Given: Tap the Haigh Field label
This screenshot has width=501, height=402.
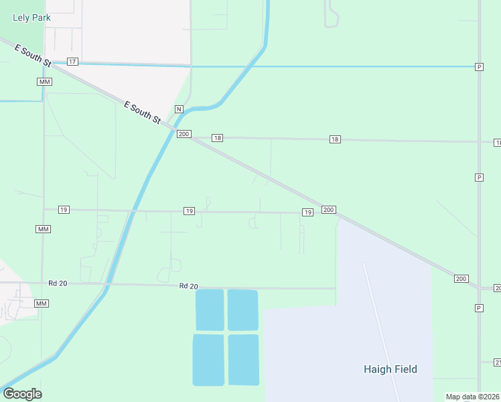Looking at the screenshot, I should point(390,369).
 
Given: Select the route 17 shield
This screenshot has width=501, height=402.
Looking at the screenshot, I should point(72,62).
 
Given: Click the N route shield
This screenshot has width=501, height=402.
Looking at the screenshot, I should point(179,109).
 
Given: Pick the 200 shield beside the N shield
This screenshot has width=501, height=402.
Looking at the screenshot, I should point(184,134).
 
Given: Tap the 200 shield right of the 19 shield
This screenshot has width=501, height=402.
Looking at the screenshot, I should point(328,210).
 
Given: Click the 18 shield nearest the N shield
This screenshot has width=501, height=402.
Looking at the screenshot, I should point(217,137).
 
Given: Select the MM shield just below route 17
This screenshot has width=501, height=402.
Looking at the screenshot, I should point(45,82).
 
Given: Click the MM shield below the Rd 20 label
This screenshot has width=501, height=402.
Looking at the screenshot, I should point(42,304).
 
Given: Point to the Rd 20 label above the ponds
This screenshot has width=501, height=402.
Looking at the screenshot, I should point(189,286).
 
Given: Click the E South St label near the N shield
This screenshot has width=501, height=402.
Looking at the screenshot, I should point(143,112).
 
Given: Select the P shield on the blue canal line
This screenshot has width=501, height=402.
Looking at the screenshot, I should point(479,67).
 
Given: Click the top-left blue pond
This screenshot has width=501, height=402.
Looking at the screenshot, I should point(210,310).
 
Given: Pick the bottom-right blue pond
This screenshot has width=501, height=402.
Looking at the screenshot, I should point(243,360).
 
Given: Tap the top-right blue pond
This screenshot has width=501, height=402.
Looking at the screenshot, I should point(242,310).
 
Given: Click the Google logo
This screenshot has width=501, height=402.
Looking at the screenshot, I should point(22,394).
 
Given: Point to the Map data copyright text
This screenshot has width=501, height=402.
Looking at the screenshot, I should point(472,397).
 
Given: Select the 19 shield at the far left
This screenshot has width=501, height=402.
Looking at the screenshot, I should point(63,210).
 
